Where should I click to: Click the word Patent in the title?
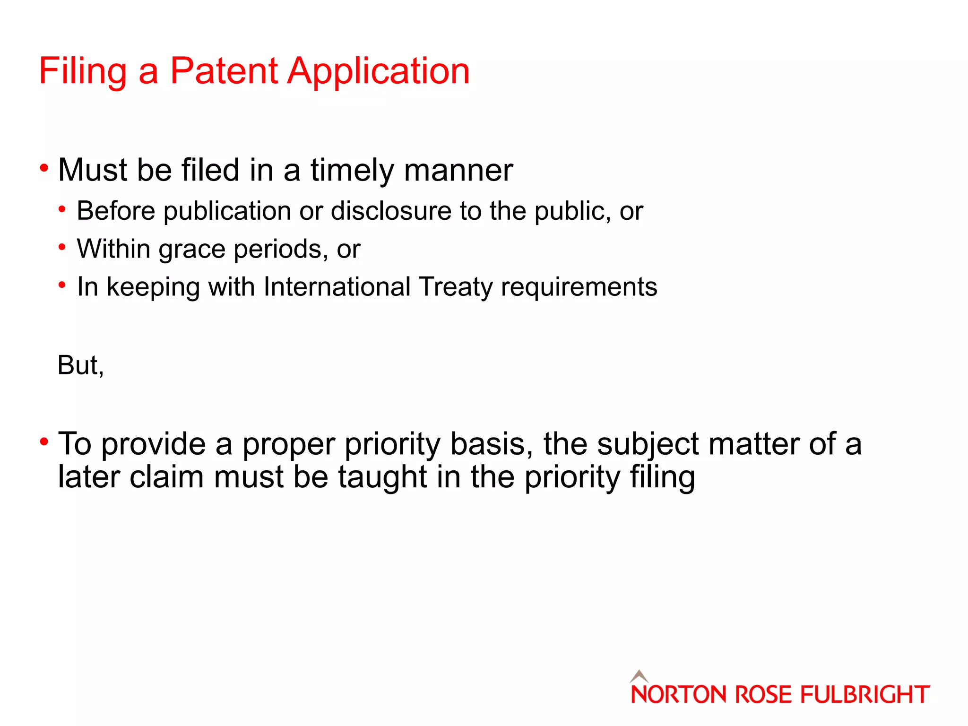(224, 71)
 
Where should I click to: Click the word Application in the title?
(379, 72)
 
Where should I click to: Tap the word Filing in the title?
(82, 72)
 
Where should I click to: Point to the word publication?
(227, 211)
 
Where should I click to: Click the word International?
(337, 287)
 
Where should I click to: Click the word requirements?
(579, 287)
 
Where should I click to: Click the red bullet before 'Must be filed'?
(44, 168)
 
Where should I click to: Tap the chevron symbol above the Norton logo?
(639, 676)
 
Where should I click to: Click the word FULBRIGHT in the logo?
(865, 695)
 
